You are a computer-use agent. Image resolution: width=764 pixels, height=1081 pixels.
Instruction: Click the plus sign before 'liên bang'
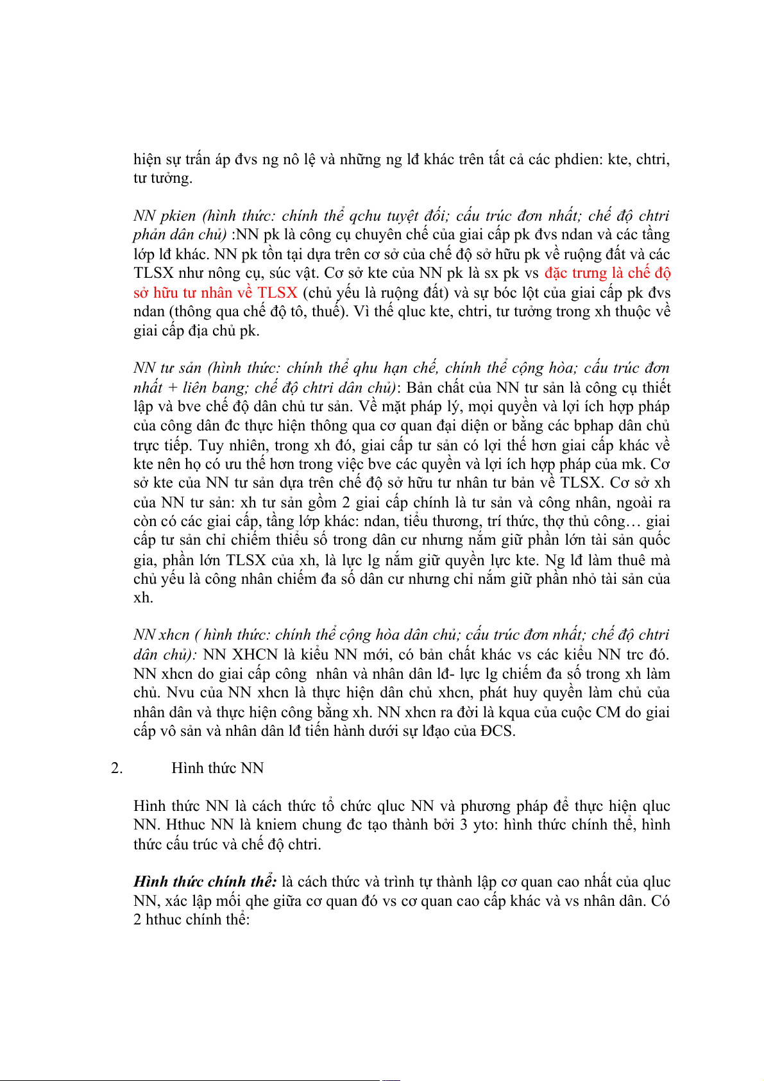tap(173, 387)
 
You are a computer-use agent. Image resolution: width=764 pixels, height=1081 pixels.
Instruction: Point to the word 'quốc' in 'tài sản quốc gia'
tap(654, 540)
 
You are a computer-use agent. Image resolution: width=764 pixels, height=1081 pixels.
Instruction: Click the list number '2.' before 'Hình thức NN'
tap(117, 769)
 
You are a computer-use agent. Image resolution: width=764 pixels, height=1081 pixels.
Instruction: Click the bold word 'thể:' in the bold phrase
tap(264, 882)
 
